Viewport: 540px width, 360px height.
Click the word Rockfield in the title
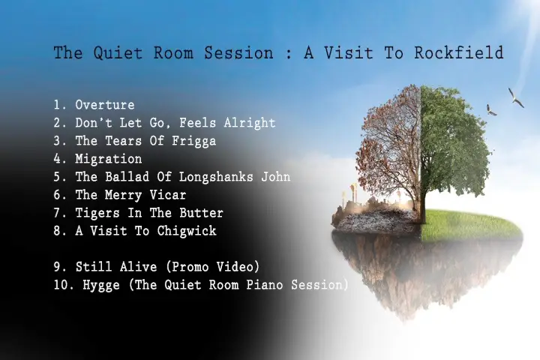click(459, 52)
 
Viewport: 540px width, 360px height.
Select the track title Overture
click(105, 105)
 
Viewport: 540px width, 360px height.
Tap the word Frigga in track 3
click(194, 141)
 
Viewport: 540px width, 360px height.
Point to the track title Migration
click(109, 159)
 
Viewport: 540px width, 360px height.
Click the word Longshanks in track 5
click(216, 177)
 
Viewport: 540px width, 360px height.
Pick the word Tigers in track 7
click(97, 213)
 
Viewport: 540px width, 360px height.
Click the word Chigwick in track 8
click(187, 231)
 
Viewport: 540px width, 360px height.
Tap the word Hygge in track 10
click(101, 285)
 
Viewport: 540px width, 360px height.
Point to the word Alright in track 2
click(250, 123)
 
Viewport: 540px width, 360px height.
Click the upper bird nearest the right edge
click(516, 98)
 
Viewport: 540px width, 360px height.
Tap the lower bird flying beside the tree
click(491, 110)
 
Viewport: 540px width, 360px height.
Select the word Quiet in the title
click(118, 53)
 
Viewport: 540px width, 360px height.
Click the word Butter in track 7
click(201, 213)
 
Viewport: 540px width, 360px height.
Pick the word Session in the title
click(238, 53)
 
